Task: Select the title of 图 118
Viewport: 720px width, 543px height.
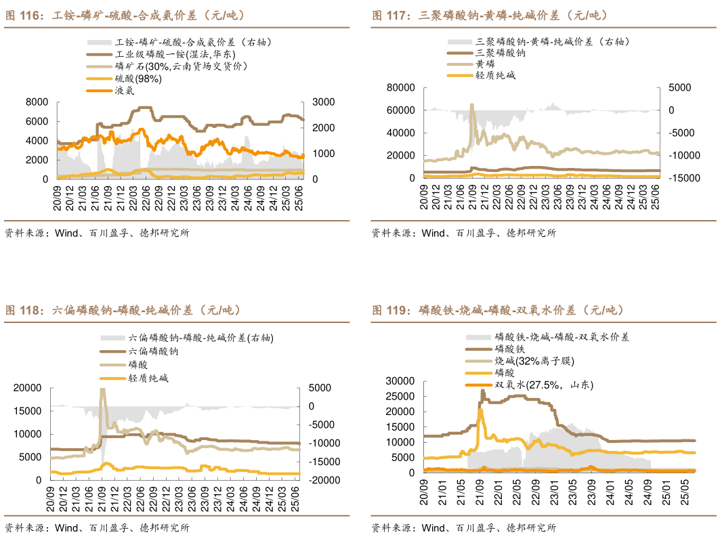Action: point(122,311)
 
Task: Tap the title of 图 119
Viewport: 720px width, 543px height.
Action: point(497,311)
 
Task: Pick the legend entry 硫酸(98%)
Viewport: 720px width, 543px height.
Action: point(137,78)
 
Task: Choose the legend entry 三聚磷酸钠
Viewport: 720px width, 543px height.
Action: point(501,52)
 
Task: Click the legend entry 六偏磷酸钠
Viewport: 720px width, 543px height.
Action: point(153,351)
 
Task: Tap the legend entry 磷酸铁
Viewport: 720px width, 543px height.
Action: point(510,348)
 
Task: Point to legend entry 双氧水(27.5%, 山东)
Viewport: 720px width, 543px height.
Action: point(544,385)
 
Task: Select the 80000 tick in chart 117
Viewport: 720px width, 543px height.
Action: point(400,87)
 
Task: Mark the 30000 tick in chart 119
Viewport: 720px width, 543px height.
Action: point(400,381)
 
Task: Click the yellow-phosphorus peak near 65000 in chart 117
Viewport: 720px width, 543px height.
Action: point(471,104)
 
